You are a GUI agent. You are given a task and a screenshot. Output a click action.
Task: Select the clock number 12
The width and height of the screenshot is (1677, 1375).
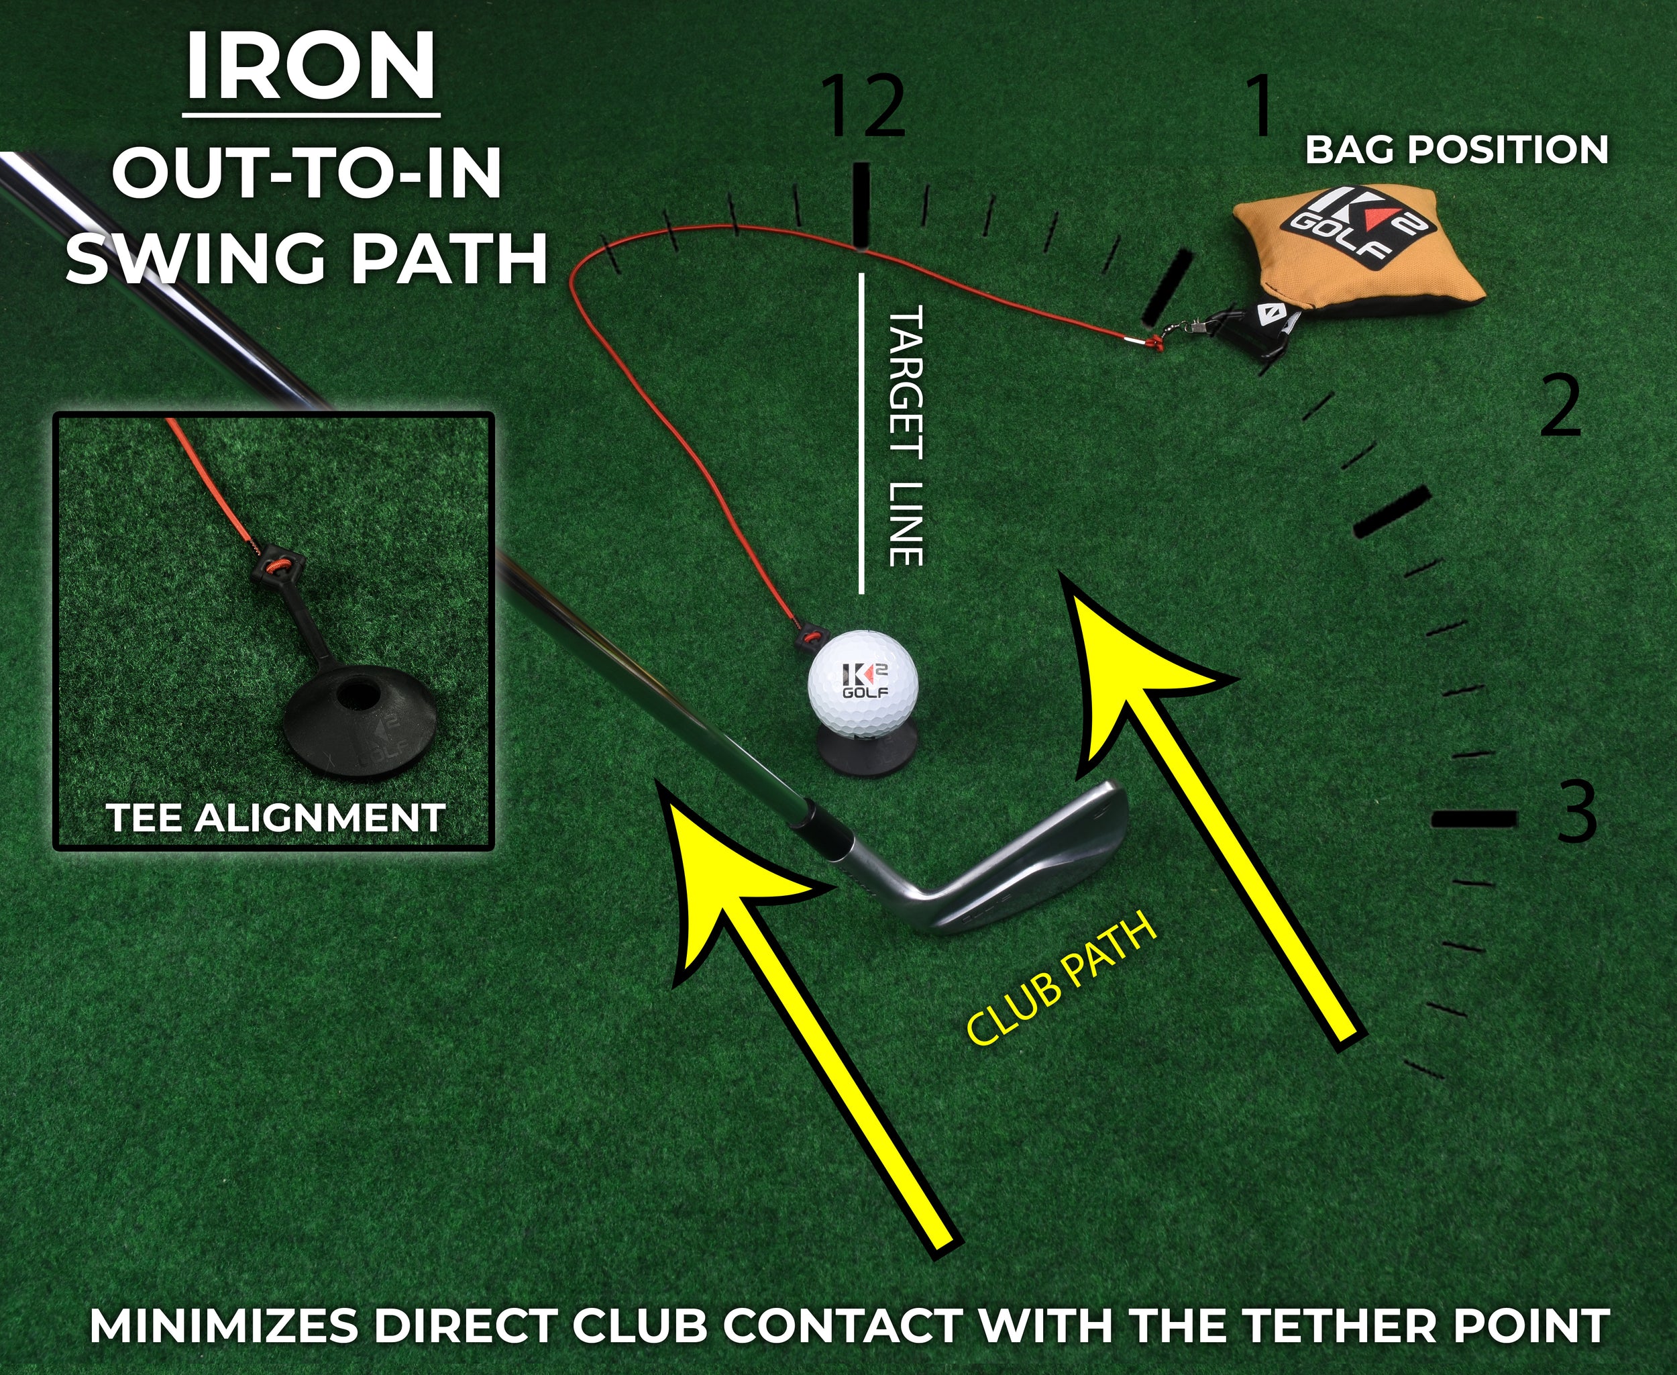click(x=864, y=107)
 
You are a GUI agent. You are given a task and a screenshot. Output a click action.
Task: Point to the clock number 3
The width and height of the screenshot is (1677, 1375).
click(x=1576, y=813)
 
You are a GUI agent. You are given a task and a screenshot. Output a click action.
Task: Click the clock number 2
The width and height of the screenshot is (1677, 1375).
click(x=1560, y=408)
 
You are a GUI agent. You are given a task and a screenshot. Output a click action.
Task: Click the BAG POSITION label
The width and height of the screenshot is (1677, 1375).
click(x=1457, y=150)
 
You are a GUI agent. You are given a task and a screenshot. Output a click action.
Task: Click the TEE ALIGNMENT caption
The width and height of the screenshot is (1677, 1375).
click(x=276, y=818)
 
